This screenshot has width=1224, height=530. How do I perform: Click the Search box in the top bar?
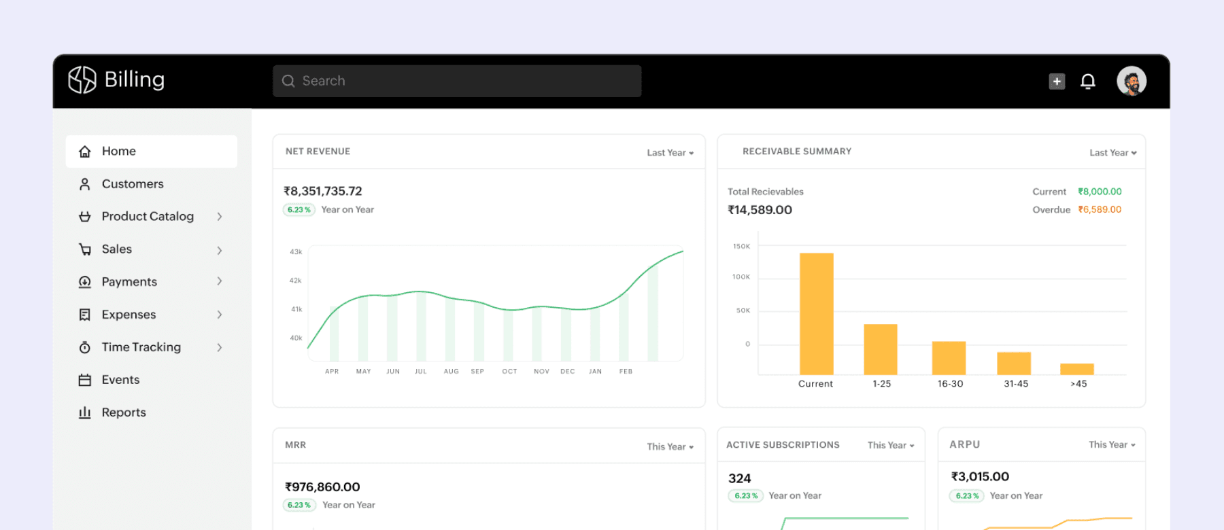tap(457, 81)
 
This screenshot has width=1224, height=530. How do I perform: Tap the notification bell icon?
tap(1088, 82)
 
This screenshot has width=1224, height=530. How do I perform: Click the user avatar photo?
tap(1132, 81)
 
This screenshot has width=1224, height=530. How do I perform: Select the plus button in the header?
tap(1057, 82)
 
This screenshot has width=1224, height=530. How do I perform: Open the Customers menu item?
tap(133, 184)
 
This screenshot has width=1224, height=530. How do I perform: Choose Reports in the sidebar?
tap(124, 412)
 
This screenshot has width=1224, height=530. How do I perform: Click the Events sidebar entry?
tap(120, 380)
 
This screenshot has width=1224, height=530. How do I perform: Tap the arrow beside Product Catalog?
tap(220, 217)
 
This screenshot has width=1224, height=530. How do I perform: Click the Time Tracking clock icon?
tap(85, 347)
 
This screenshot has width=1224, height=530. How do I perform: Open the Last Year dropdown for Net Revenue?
tap(670, 153)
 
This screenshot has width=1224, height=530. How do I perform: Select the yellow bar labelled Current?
tap(817, 313)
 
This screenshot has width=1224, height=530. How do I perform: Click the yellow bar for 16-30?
tap(949, 357)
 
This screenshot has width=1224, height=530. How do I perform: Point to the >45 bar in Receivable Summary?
tap(1077, 369)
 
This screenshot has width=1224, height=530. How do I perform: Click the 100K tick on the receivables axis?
tap(741, 277)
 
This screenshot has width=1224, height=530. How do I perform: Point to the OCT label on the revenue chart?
tap(509, 372)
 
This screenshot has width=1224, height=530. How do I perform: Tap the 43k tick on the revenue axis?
tap(296, 252)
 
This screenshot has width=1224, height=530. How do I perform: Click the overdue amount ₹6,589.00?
tap(1100, 209)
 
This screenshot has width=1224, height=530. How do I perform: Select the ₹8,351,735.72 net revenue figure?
tap(323, 191)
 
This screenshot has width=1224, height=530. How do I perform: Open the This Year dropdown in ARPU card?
tap(1112, 444)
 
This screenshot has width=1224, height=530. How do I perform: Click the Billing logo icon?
tap(82, 79)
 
